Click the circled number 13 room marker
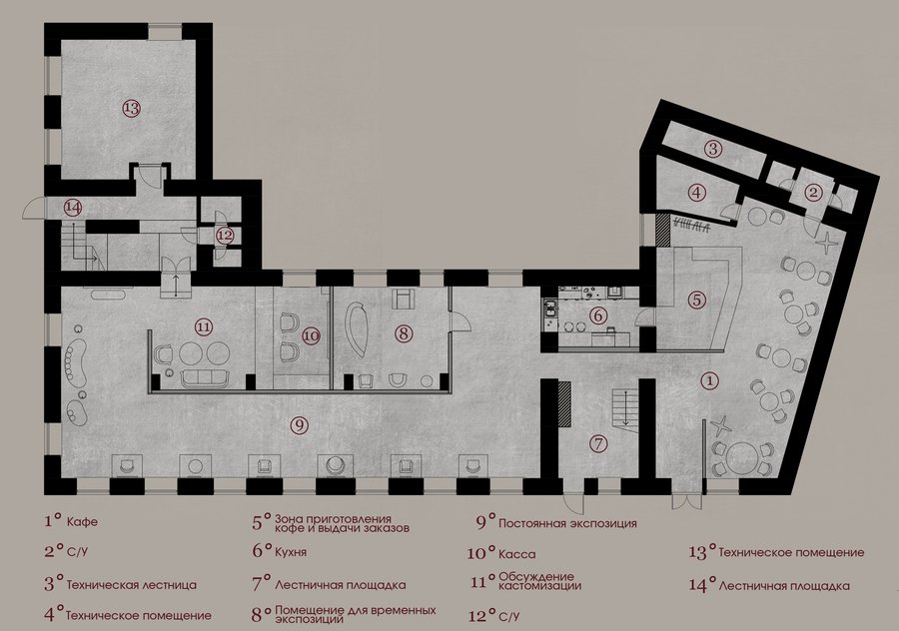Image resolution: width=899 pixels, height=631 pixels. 131,108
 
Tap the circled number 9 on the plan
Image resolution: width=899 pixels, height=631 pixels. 300,424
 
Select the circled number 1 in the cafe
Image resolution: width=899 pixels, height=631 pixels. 710,379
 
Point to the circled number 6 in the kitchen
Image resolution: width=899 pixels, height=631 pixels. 597,315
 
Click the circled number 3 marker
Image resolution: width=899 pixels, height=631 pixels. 712,150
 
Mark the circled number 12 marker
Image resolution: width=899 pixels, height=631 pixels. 226,236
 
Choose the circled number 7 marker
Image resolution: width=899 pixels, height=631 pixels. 598,443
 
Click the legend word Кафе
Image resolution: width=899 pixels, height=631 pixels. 82,522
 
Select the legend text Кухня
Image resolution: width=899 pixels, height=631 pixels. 291,552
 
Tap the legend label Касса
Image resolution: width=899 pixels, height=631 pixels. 517,554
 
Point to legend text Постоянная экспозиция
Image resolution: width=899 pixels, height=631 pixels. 567,523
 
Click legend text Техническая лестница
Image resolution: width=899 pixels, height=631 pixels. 132,585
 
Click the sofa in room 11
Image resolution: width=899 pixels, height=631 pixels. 205,377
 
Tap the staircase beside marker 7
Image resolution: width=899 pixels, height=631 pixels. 624,407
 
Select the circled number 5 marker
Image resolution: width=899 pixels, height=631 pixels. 696,300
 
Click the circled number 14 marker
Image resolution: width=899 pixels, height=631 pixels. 73,207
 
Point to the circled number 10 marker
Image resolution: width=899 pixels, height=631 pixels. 311,335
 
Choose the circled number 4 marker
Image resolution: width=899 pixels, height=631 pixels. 696,193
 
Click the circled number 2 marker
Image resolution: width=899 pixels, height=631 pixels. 812,193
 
